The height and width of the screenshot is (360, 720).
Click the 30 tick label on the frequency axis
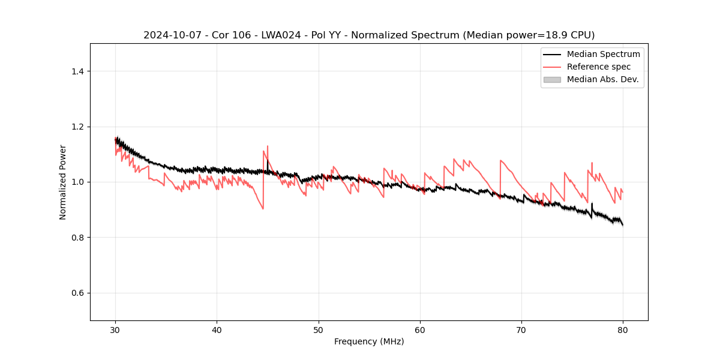[x=115, y=329]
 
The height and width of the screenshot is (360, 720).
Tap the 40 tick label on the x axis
[x=217, y=329]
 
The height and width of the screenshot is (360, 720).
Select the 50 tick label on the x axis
[x=319, y=329]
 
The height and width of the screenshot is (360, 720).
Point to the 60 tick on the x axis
[x=420, y=329]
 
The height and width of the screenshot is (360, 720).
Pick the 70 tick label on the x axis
[x=521, y=329]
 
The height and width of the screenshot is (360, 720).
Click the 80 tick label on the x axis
[x=623, y=329]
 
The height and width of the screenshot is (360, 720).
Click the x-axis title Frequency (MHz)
[x=369, y=341]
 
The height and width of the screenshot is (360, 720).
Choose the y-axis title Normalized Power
[x=63, y=182]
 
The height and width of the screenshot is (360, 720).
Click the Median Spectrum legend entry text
[x=603, y=54]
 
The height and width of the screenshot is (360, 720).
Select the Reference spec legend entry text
[x=599, y=67]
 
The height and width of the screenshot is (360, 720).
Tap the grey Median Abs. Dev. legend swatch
[x=552, y=79]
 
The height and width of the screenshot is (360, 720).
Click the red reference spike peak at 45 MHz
[x=268, y=146]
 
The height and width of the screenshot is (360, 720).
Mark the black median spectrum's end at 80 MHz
[x=623, y=225]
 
